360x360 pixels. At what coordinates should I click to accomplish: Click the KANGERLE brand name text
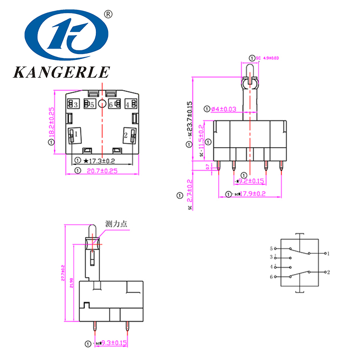click(x=61, y=72)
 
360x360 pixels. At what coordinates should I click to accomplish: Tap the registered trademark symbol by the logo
click(x=108, y=14)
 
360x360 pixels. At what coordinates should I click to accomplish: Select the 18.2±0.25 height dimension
click(x=51, y=122)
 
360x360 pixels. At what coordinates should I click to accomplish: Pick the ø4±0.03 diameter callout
click(x=224, y=109)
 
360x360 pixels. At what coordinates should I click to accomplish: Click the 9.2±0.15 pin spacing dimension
click(x=251, y=181)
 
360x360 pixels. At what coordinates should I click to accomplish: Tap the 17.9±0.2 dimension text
click(x=252, y=194)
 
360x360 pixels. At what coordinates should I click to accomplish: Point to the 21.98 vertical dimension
click(x=73, y=283)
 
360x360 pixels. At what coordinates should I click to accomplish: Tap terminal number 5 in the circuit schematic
click(x=271, y=248)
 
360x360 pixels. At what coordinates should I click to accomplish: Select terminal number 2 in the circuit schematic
click(x=328, y=272)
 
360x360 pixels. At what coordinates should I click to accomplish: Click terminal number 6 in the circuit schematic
click(x=271, y=276)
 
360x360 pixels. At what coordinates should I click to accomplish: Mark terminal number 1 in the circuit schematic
click(x=328, y=254)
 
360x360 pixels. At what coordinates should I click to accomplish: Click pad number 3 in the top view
click(x=76, y=105)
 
